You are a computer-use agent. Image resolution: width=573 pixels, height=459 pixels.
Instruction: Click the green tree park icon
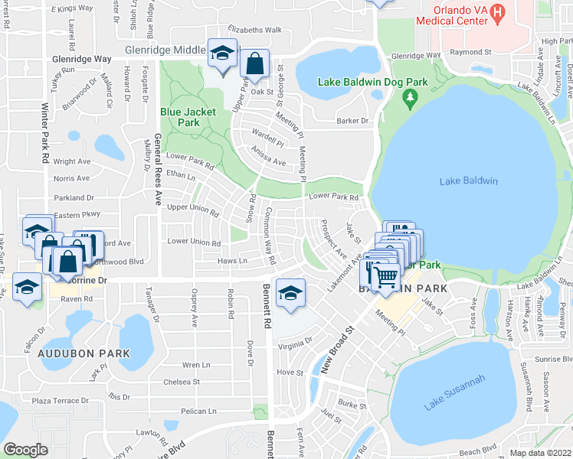[410, 97]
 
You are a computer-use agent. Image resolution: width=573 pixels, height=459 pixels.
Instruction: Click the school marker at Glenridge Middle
[223, 55]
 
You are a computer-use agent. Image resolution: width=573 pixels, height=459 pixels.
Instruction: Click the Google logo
[25, 449]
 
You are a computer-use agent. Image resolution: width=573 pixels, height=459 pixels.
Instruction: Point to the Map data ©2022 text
[539, 453]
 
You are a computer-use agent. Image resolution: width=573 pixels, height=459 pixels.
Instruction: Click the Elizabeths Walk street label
[254, 31]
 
